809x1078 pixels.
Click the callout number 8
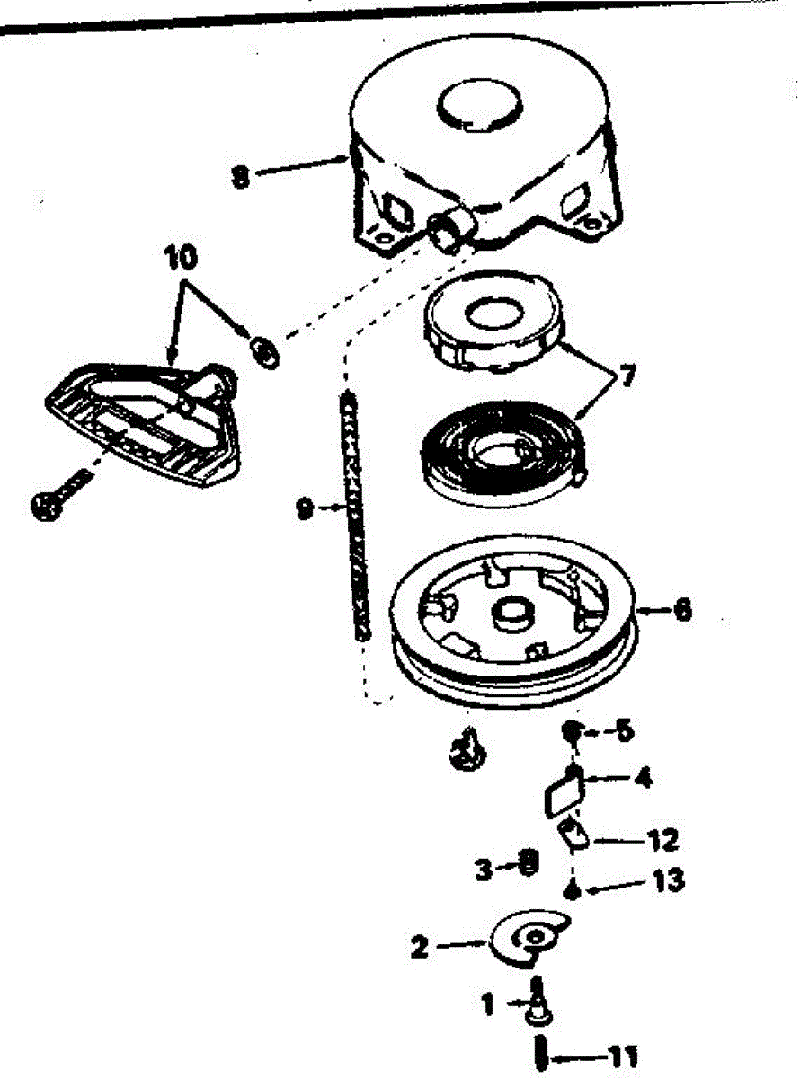239,177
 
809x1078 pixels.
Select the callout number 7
626,376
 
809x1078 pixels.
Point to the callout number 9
305,508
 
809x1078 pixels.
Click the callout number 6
682,610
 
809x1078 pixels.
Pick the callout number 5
623,730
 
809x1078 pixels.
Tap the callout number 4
643,778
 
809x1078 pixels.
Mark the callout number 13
669,880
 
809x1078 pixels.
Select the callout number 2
420,947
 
